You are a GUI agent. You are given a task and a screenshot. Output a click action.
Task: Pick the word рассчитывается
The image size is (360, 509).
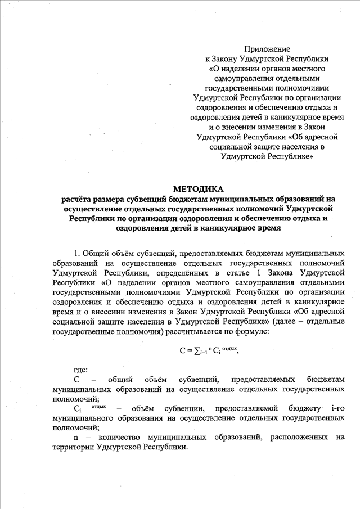click(x=209, y=331)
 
